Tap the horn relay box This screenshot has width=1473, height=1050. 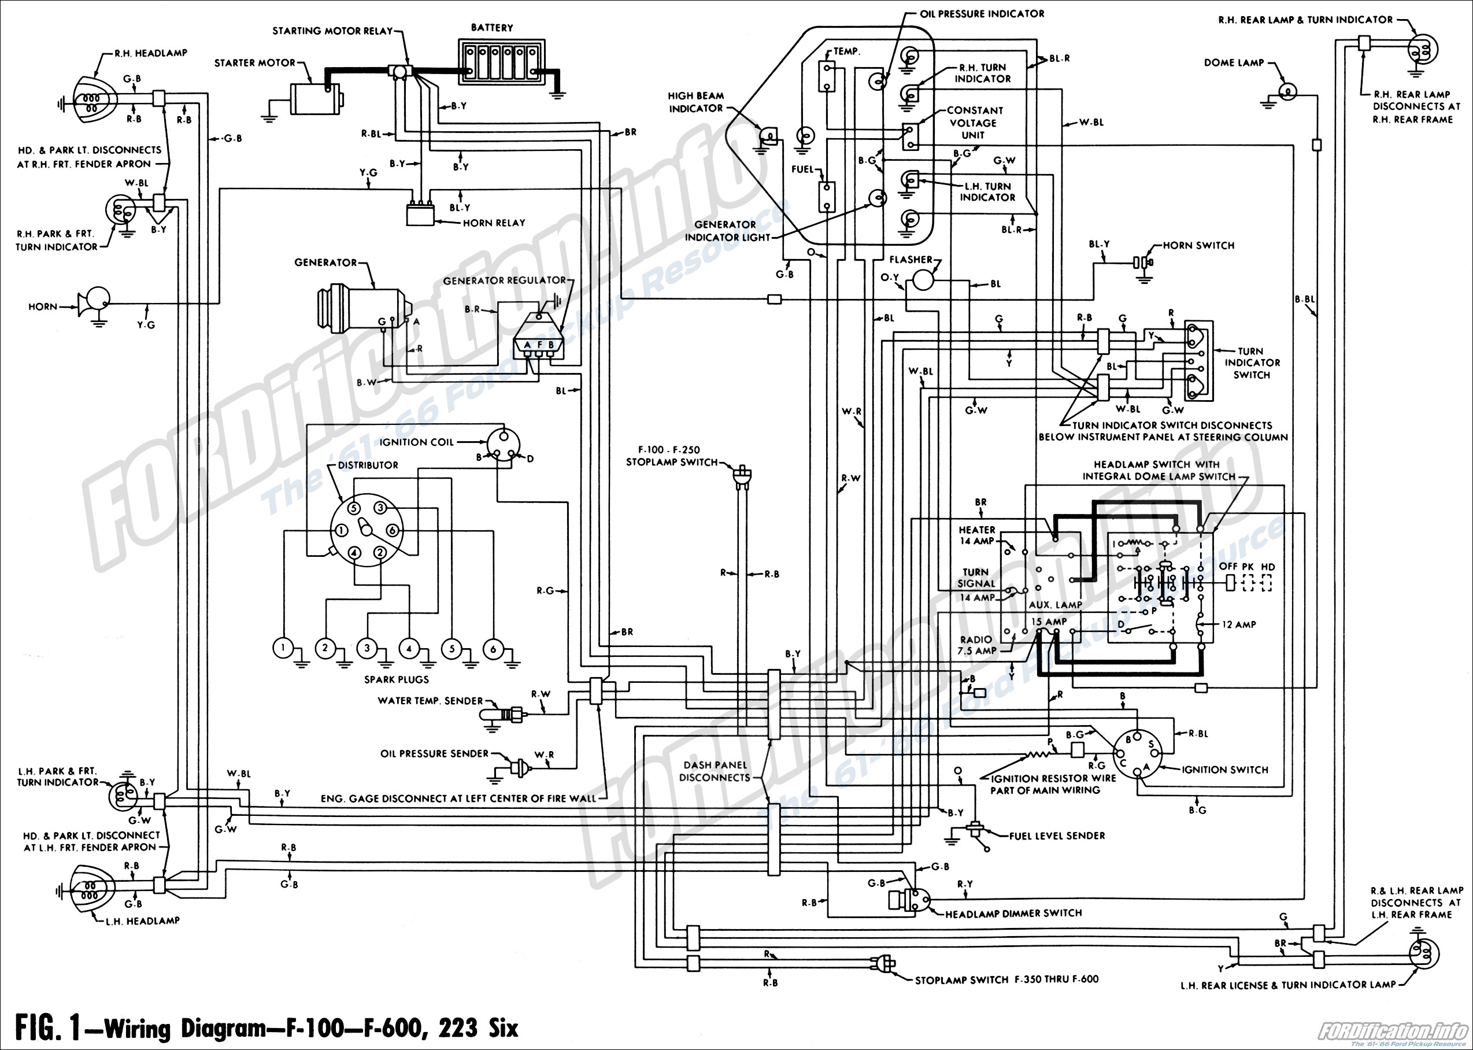pos(420,215)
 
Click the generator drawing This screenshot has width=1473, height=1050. pos(362,311)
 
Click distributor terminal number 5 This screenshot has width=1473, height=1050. pos(354,508)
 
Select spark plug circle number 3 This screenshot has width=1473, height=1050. pos(367,648)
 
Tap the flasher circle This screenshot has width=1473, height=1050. pos(922,279)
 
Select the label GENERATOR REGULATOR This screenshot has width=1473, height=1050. pos(504,280)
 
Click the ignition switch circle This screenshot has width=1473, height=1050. pos(1138,754)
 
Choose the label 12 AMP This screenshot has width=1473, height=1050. pos(1239,624)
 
